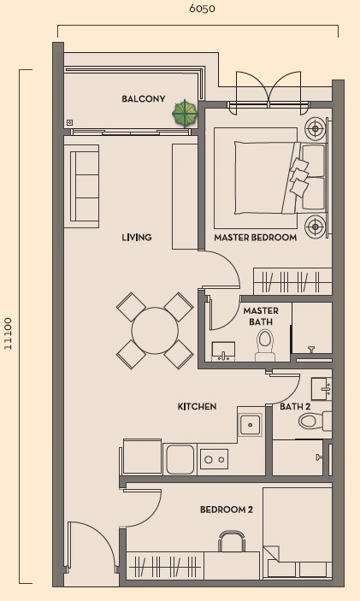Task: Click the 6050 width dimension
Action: click(x=202, y=9)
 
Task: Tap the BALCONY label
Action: click(x=143, y=99)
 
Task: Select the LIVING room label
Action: click(x=136, y=238)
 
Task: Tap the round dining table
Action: click(x=155, y=329)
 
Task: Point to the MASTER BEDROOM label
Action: click(x=255, y=238)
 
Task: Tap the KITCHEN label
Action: click(x=197, y=407)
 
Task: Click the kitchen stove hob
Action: click(x=214, y=459)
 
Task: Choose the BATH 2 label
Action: click(x=295, y=407)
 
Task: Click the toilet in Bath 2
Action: click(x=311, y=421)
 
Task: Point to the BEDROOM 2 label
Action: click(x=227, y=510)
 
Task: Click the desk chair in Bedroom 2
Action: click(x=231, y=541)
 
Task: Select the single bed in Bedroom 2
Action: click(x=297, y=534)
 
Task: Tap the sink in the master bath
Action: click(x=225, y=351)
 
